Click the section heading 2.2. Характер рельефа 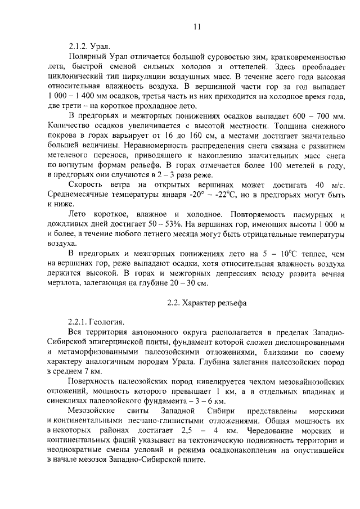pos(206,304)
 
